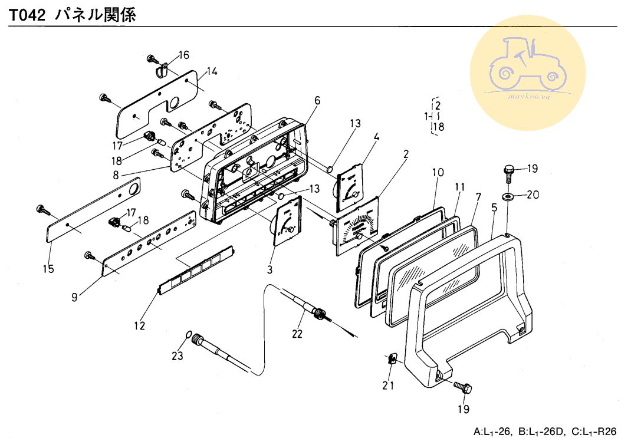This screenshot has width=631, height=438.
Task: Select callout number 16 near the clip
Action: point(183,55)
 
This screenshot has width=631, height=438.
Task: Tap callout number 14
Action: point(212,72)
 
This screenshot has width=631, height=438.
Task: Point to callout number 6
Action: point(317,100)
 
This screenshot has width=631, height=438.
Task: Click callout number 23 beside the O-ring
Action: point(178,355)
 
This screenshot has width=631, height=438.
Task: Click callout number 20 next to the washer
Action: point(532,195)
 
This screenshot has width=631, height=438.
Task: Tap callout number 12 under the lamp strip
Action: point(139,325)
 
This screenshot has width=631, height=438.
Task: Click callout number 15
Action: point(48,269)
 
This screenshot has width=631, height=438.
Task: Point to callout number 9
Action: point(74,298)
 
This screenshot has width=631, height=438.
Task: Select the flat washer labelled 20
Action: point(508,195)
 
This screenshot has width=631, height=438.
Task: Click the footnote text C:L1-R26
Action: point(590,432)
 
